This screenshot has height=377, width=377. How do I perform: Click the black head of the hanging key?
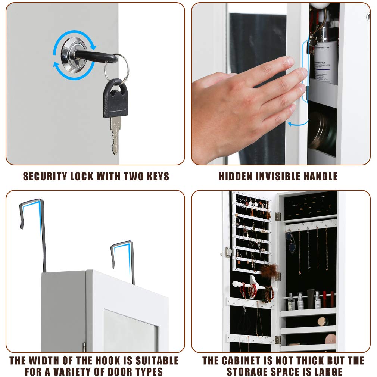pos(116,98)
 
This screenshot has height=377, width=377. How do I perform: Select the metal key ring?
pos(116,68)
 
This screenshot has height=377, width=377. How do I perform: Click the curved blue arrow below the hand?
pos(299,122)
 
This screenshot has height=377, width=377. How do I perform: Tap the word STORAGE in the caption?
pos(250,372)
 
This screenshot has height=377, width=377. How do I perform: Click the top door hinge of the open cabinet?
pos(278,216)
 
